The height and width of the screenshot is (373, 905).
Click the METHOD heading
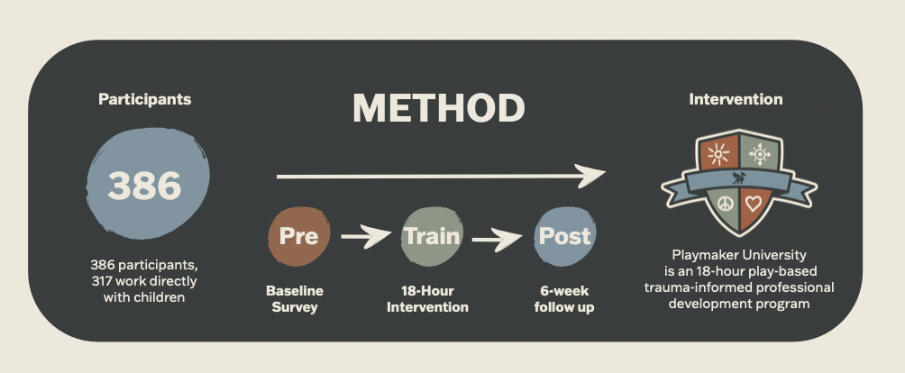[x=439, y=108]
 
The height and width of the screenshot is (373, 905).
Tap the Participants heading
[x=144, y=99]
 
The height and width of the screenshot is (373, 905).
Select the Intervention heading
[x=736, y=99]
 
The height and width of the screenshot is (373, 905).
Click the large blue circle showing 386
[x=148, y=183]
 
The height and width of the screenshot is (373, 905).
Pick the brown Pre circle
[x=299, y=236]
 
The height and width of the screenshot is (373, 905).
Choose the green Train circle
[x=433, y=236]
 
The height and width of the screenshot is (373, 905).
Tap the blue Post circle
[x=564, y=236]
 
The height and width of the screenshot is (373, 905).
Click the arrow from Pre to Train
[x=366, y=236]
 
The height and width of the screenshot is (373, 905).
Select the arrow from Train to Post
[x=497, y=239]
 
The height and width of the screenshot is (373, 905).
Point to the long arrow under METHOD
[x=441, y=176]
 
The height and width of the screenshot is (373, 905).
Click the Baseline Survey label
[x=295, y=298]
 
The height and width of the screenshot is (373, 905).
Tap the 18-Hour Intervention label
[x=427, y=298]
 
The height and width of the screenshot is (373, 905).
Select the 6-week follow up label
[x=564, y=298]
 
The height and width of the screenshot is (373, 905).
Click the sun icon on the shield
[x=718, y=154]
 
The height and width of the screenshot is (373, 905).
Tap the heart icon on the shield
[x=754, y=203]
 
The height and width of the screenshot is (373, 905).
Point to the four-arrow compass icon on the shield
[x=760, y=154]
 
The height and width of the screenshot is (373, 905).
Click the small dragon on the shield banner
[x=739, y=177]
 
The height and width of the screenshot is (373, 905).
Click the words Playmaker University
[x=739, y=255]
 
